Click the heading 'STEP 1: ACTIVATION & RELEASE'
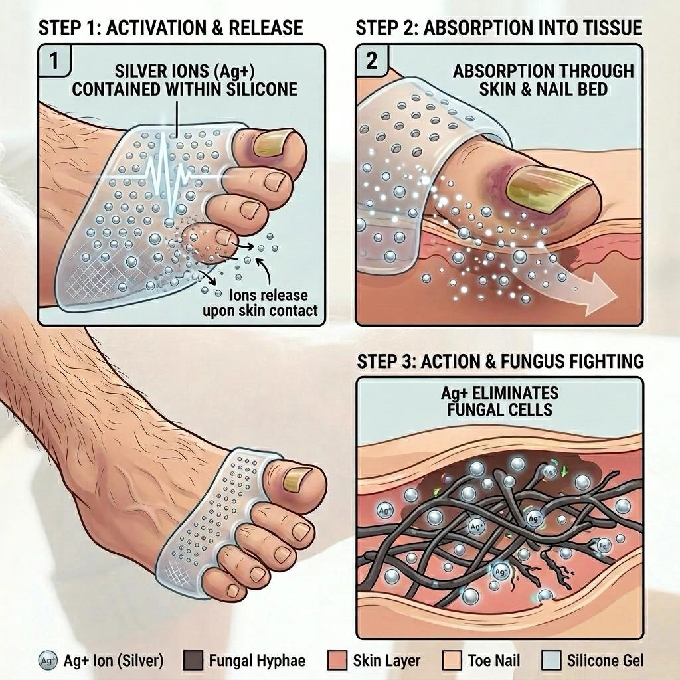pos(171,28)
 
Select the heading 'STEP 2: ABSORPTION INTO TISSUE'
pos(499,28)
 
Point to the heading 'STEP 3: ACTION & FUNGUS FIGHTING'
pos(500,361)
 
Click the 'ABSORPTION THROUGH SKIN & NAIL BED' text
pos(543,79)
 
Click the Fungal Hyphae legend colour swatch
pos(193,661)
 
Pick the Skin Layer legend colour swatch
pos(337,661)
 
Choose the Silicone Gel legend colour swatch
pos(551,661)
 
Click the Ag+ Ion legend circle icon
pos(48,661)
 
